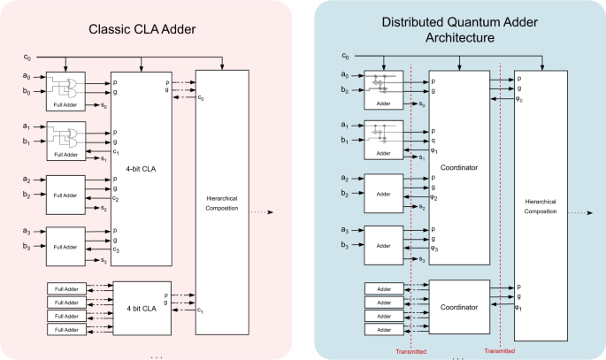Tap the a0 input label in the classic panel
tap(27, 79)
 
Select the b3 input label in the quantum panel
tap(344, 244)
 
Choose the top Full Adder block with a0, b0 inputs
tap(66, 90)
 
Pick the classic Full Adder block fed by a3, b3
tap(66, 240)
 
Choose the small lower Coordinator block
tap(458, 306)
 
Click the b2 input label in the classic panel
tap(27, 194)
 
